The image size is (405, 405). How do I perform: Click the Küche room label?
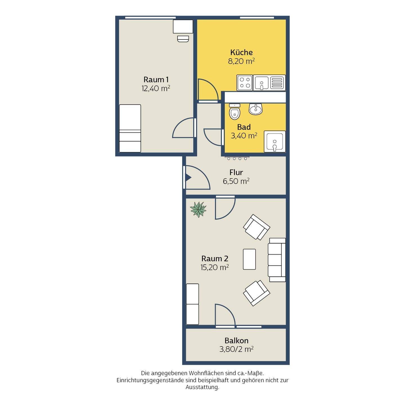pos(241,52)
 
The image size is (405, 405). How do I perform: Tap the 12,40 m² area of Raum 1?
pos(156,89)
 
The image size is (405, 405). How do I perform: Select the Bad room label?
pos(244,127)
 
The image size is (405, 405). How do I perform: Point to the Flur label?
pos(236,172)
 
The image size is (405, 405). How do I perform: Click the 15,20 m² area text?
pos(215,267)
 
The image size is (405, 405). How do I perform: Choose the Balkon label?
pos(237,341)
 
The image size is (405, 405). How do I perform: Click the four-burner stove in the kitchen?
pos(245,83)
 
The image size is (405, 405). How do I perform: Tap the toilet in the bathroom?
pos(235,112)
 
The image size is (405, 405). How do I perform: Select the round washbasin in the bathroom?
pos(256,109)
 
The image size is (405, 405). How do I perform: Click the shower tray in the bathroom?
pos(275,142)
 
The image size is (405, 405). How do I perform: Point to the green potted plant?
pos(198,209)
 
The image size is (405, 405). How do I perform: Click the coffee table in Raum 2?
pos(249,259)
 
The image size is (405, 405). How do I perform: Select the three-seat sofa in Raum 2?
pos(276,260)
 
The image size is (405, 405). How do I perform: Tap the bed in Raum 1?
pos(130,129)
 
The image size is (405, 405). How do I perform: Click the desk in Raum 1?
pos(183,26)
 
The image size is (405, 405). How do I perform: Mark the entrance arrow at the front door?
pos(188,177)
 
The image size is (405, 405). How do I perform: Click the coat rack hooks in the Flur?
pos(237,158)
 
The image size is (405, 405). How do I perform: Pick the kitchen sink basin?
pos(262,83)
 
